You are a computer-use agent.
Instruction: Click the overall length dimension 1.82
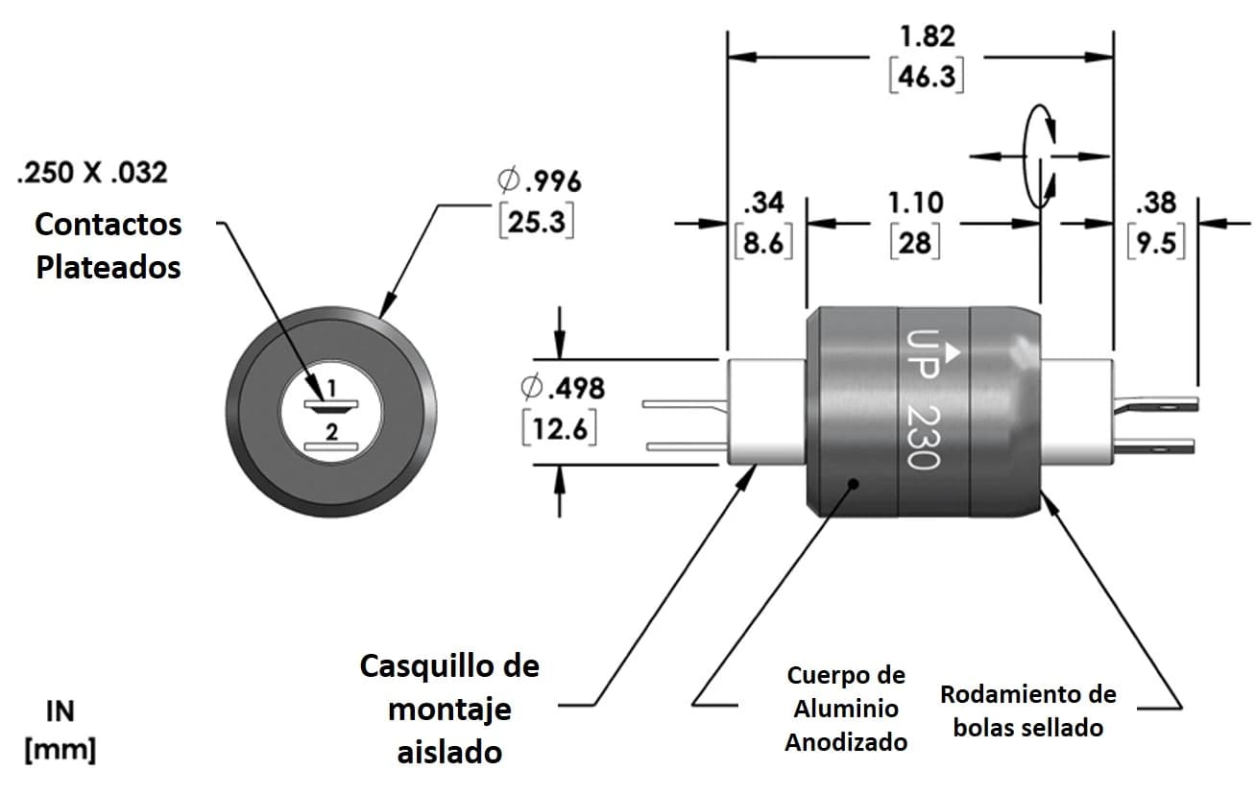point(927,37)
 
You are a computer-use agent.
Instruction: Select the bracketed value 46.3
point(927,76)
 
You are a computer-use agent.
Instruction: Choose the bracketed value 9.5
point(1155,242)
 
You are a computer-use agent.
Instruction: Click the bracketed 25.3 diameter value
point(537,222)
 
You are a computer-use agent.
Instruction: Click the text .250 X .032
point(93,173)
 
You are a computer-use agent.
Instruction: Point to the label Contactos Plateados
point(108,246)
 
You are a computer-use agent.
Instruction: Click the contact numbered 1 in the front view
point(330,404)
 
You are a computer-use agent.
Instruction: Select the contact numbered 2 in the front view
point(330,446)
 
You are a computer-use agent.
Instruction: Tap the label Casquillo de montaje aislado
point(449,709)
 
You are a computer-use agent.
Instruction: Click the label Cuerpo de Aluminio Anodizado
point(845,709)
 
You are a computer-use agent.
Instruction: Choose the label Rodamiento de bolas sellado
point(1027,711)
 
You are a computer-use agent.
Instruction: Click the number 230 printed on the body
point(923,437)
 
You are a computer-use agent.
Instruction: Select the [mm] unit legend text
point(60,750)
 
